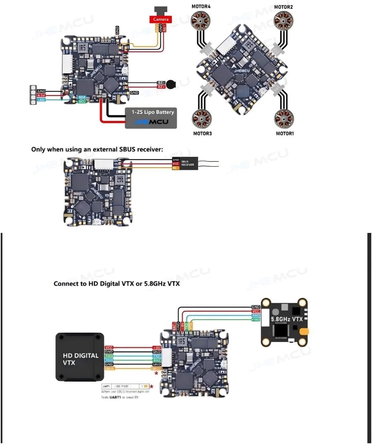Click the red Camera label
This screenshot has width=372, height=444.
point(160,19)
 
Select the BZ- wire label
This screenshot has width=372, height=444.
point(161,82)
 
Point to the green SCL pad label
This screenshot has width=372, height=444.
point(82,101)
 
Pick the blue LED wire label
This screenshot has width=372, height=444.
point(41,100)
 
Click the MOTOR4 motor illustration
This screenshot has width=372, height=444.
point(201,20)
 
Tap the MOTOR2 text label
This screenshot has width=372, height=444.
point(284,7)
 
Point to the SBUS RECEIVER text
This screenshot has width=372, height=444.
point(187,163)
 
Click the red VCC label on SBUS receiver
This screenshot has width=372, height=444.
point(176,164)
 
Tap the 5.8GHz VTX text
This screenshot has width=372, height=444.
point(287,319)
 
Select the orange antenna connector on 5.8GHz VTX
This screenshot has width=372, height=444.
point(304,332)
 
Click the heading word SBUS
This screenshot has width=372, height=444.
point(127,149)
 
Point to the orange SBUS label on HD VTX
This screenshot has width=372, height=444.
point(109,369)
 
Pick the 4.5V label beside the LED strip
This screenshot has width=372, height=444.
point(41,95)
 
